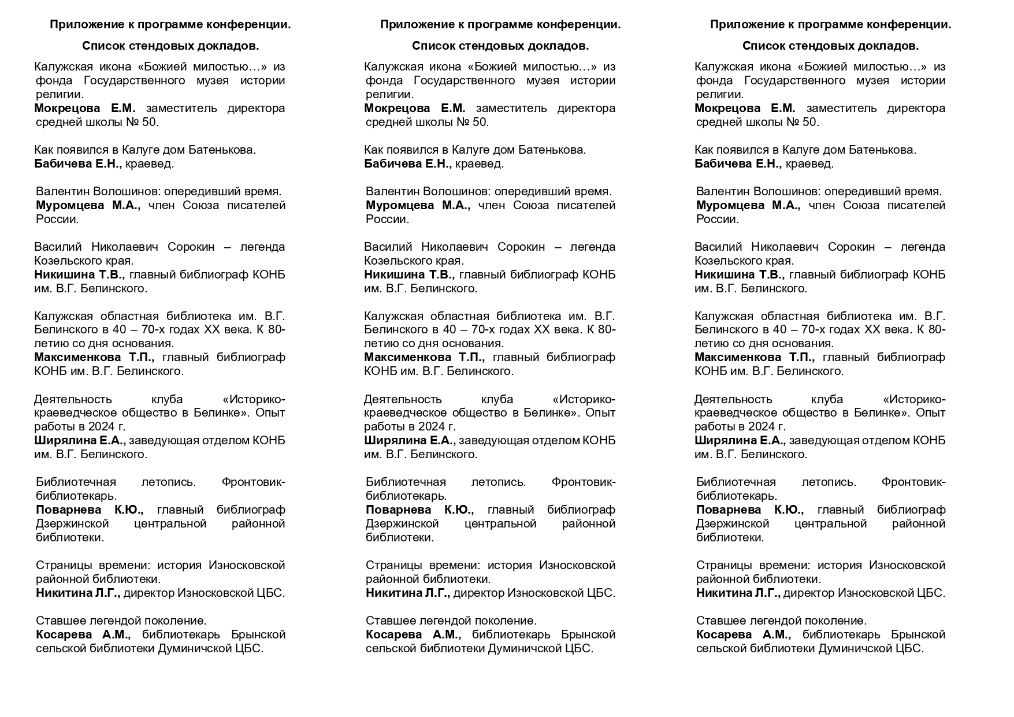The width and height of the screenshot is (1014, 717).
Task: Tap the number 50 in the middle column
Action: [x=480, y=122]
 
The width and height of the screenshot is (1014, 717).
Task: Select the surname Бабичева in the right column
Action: [x=721, y=164]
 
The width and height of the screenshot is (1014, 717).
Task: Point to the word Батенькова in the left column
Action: [x=222, y=150]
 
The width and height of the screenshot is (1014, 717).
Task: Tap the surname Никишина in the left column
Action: [x=62, y=275]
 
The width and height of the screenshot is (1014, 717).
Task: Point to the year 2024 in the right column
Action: [x=761, y=427]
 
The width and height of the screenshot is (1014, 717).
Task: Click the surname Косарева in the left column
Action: [x=64, y=635]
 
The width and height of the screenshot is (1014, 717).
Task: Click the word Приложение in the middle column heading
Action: [x=412, y=25]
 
